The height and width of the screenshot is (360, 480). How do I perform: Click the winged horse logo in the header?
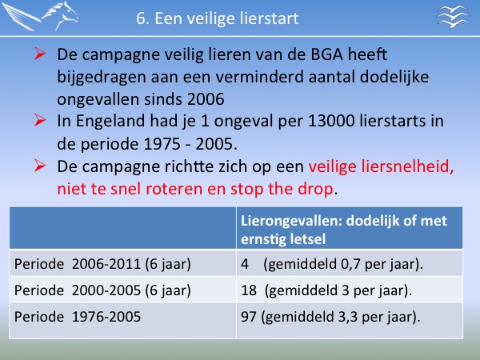[x=40, y=16]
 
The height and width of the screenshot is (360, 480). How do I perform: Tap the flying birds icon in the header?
[x=453, y=17]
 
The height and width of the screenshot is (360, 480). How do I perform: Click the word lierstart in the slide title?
[x=269, y=18]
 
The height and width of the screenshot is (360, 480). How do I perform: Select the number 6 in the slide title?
[x=141, y=18]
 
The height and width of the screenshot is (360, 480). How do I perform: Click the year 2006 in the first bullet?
[x=206, y=99]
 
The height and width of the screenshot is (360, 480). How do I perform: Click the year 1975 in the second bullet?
[x=162, y=144]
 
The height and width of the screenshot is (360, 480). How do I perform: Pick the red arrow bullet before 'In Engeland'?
[x=40, y=120]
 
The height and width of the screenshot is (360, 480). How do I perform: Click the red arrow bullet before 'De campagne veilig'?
[x=40, y=54]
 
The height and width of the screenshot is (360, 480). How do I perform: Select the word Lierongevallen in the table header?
[x=291, y=222]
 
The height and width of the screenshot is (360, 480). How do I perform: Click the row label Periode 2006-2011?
[x=102, y=264]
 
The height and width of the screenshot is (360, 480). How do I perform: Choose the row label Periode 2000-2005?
[x=102, y=290]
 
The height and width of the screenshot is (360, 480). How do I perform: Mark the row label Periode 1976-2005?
[x=78, y=317]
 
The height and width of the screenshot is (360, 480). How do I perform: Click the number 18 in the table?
[x=249, y=290]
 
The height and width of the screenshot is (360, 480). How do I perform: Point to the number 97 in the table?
[x=249, y=317]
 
